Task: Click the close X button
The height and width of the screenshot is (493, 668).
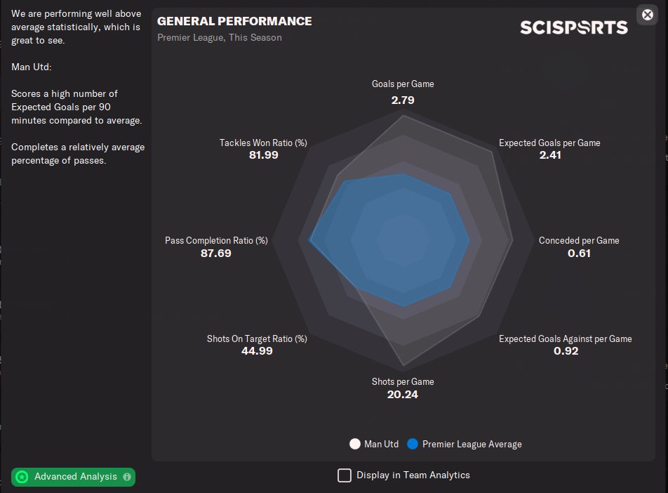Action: point(647,14)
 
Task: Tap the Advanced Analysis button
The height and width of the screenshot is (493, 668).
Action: point(74,477)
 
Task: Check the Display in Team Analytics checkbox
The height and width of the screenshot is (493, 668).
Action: point(345,475)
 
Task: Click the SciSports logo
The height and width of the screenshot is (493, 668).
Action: point(573,27)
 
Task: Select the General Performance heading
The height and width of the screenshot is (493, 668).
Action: point(234,21)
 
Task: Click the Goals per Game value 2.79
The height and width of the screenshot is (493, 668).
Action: point(403,100)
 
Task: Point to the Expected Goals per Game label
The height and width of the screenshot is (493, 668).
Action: point(549,143)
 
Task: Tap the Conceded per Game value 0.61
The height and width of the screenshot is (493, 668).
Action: point(579,253)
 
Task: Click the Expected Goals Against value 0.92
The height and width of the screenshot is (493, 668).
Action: point(566,351)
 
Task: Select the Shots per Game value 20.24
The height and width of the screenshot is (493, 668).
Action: point(403,394)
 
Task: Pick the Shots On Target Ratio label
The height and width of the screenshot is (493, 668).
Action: point(257,338)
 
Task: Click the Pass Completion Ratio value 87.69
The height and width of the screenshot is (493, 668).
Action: point(216,253)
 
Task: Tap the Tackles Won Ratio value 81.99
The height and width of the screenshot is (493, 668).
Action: point(263,155)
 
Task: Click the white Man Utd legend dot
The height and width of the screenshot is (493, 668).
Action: point(355,444)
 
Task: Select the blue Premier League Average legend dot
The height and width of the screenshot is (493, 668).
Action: point(413,444)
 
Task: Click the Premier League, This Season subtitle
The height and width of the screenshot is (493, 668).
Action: point(220,37)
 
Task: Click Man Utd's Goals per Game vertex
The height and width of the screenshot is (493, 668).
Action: point(403,117)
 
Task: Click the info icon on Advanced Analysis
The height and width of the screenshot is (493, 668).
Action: point(127,477)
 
